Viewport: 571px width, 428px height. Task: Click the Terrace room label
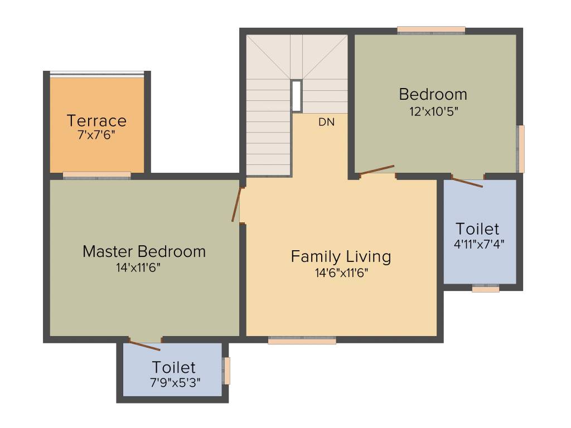[x=96, y=120]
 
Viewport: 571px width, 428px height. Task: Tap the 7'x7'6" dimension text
[x=96, y=134]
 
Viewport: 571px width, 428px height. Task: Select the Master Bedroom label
[x=144, y=251]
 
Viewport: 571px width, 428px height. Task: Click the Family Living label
[x=341, y=256]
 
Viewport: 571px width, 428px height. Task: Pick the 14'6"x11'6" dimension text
[x=341, y=273]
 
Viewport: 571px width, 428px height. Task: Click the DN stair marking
[x=326, y=122]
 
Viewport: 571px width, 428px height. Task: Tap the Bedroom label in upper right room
[x=433, y=94]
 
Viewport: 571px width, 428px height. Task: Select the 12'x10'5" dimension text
[x=433, y=110]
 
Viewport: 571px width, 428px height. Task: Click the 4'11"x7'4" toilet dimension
[x=479, y=244]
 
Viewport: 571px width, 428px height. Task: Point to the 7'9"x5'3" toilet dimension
[x=175, y=382]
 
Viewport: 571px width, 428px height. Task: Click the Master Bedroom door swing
[x=237, y=205]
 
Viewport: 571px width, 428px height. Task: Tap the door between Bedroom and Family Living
[x=377, y=170]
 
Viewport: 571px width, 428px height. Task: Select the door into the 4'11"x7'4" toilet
[x=467, y=182]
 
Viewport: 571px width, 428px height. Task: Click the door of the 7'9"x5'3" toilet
[x=145, y=345]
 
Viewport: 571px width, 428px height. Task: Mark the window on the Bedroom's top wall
[x=431, y=30]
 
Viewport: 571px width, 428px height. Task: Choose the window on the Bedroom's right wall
[x=521, y=148]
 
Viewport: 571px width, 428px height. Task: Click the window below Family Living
[x=302, y=341]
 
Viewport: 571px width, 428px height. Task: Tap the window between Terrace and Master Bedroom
[x=96, y=176]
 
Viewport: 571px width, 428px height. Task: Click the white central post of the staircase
[x=297, y=96]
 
